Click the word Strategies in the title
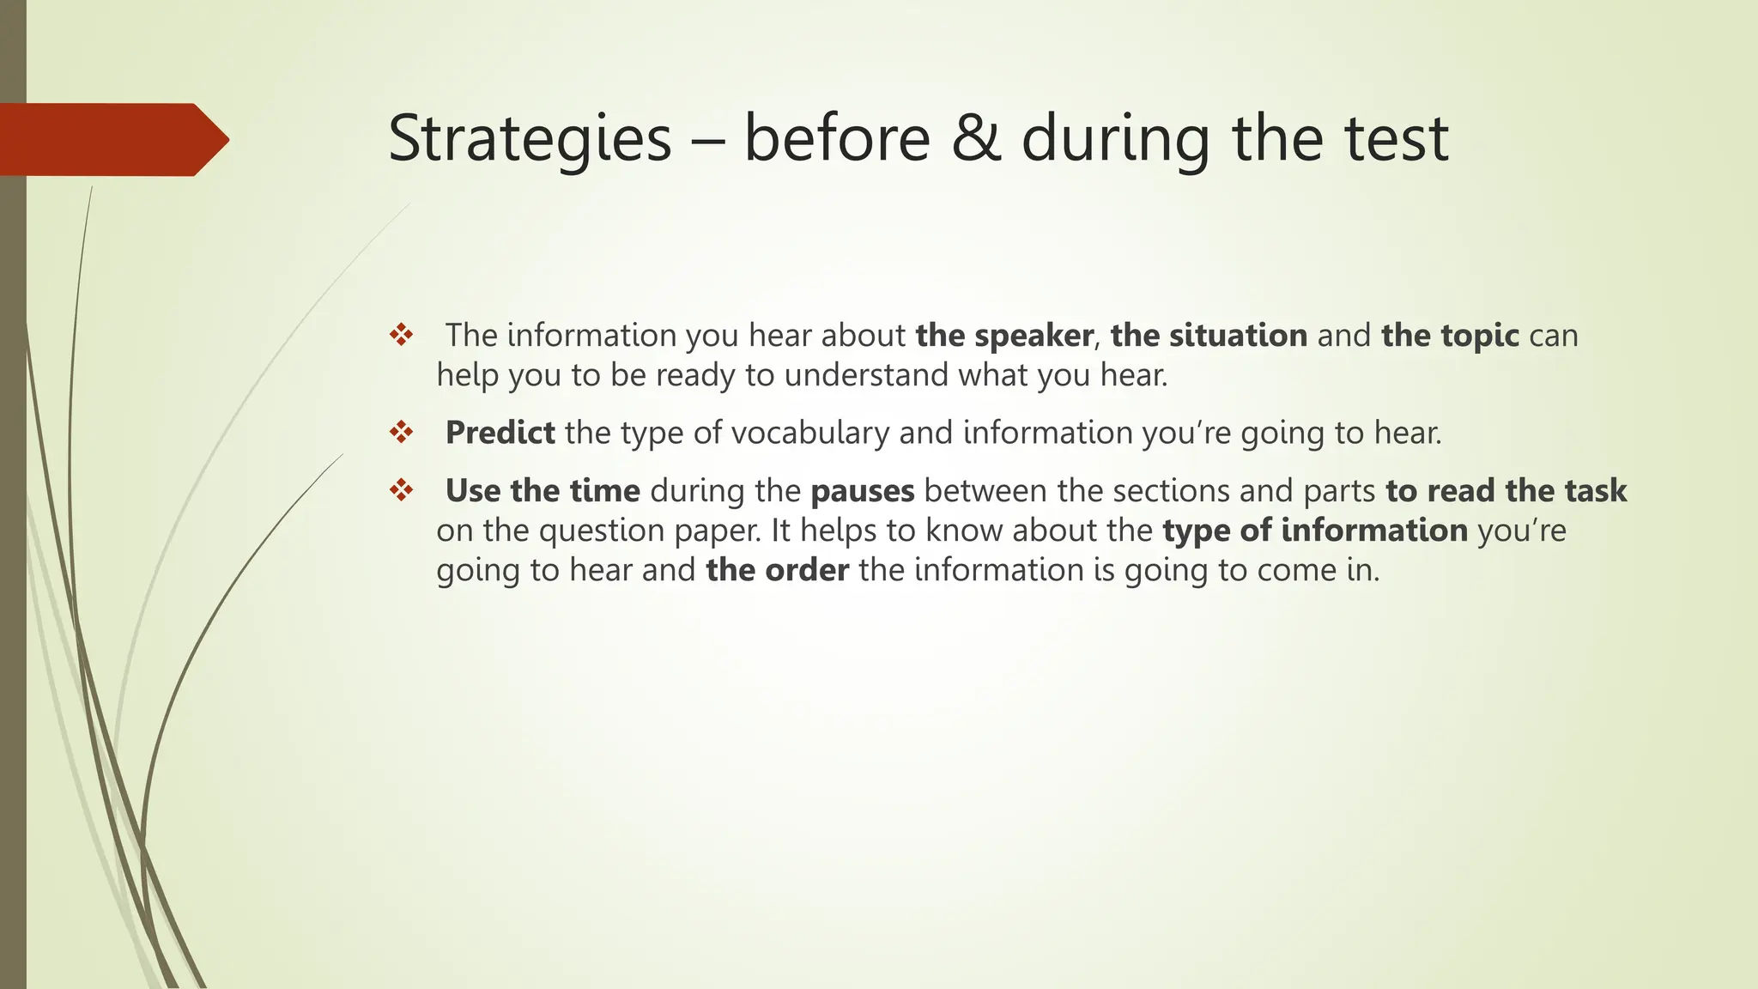coord(529,139)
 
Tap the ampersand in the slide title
coord(977,139)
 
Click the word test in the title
coord(1396,139)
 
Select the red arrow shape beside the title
coord(112,140)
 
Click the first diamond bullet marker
coord(401,335)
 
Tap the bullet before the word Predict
coord(401,432)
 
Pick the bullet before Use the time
coord(401,490)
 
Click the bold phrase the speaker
coord(1003,335)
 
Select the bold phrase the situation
coord(1209,335)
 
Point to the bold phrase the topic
coord(1450,335)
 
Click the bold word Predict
coord(500,432)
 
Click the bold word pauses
coord(862,491)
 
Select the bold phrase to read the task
coord(1506,490)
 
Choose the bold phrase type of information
coord(1314,530)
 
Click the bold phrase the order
coord(777,569)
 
